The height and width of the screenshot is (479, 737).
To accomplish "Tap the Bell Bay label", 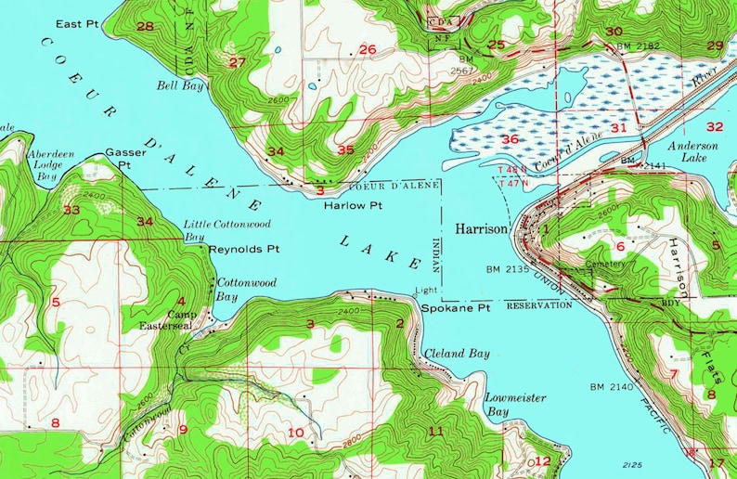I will [180, 84].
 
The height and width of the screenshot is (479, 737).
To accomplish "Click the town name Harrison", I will [481, 227].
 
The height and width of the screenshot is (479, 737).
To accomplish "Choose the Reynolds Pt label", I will [244, 250].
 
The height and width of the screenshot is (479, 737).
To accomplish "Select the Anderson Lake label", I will [697, 152].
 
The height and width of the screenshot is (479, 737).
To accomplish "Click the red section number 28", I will [145, 26].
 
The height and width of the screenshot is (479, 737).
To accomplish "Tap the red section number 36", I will [510, 139].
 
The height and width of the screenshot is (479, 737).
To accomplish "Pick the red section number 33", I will [71, 210].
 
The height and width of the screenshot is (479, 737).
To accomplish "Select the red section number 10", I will [295, 432].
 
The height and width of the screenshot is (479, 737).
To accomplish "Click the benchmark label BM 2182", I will [637, 45].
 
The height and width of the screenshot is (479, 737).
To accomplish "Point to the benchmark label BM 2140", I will [610, 385].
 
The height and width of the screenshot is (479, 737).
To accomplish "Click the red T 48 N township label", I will [512, 171].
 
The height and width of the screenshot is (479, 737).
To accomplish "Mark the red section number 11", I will [436, 430].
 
